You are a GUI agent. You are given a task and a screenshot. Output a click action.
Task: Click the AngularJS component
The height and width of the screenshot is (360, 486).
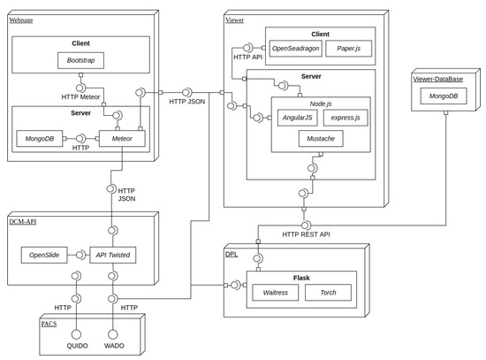tap(296, 117)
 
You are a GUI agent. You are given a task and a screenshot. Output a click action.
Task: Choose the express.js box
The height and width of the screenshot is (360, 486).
tap(345, 117)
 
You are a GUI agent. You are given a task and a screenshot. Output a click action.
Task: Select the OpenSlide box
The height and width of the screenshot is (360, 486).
tap(46, 255)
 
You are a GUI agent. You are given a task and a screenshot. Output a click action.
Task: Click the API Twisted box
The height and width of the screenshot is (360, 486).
tap(112, 255)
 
